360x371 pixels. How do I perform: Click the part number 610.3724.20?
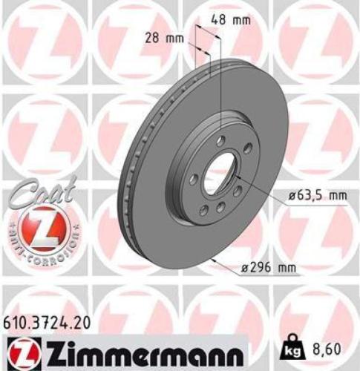pos(49,321)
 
